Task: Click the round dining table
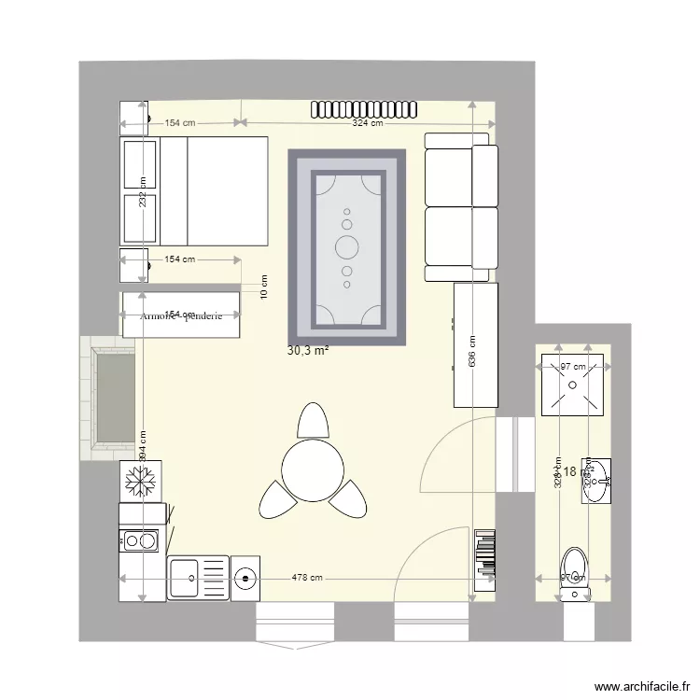313,469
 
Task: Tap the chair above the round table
313,421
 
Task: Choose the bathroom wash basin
596,481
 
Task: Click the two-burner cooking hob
141,539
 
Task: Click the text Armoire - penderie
182,316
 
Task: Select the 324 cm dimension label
367,122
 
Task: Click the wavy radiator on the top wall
364,108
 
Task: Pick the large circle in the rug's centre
347,247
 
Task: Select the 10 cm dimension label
264,286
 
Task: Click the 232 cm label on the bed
143,194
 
